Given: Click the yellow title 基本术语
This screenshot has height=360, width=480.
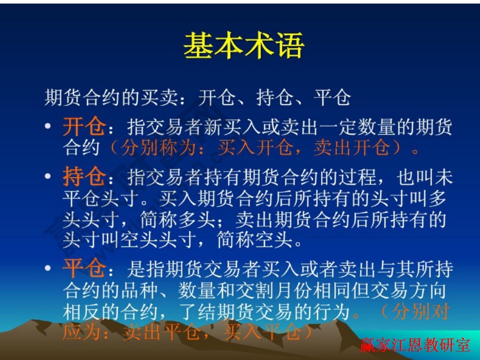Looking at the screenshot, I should [x=243, y=46].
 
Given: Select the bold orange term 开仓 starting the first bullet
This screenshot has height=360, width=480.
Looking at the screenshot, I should [x=83, y=127].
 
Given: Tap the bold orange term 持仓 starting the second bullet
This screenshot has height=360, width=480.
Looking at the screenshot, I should [x=83, y=177].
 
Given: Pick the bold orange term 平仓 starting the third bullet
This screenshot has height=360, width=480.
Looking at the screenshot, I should [x=83, y=269].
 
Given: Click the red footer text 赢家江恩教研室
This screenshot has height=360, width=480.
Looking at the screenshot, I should [x=415, y=344].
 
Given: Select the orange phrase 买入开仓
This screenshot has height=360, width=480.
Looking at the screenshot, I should [x=256, y=148].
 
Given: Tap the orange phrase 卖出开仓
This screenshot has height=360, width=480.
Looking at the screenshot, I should [x=352, y=148].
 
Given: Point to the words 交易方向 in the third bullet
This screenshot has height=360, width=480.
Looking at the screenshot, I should [x=409, y=291].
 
